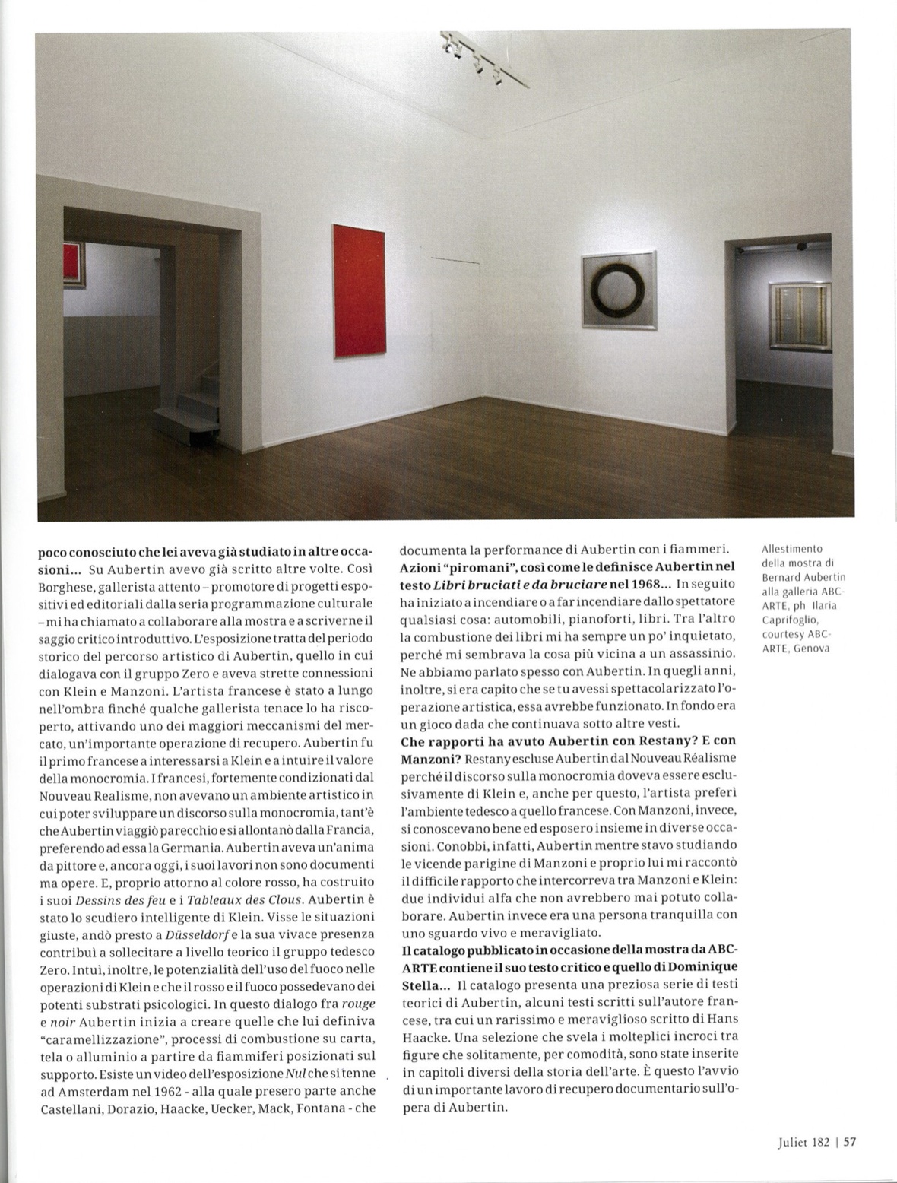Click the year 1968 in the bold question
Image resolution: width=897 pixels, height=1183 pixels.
(x=639, y=584)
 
